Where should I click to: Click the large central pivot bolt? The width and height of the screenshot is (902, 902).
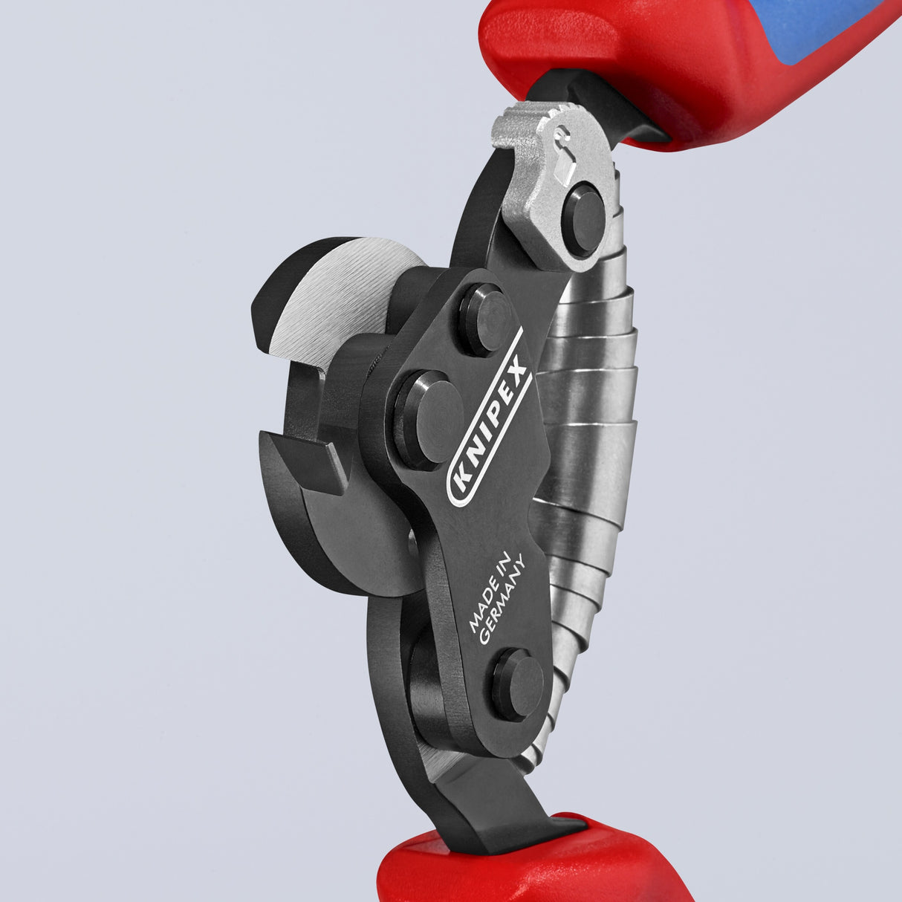point(428,421)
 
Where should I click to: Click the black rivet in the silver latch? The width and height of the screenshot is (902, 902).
point(583,220)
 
